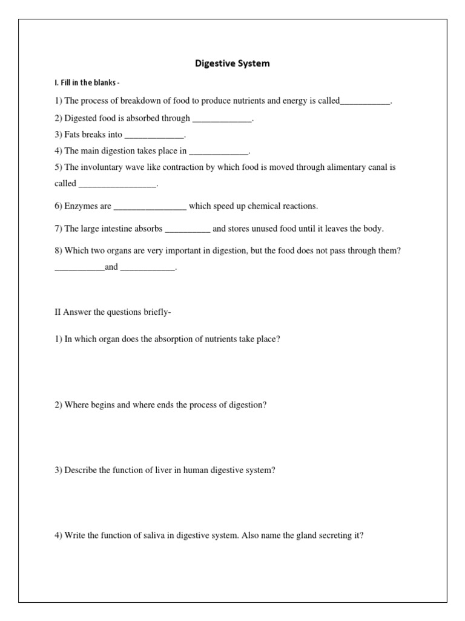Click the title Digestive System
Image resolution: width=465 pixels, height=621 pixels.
click(232, 63)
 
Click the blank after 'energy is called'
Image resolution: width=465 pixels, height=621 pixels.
click(365, 102)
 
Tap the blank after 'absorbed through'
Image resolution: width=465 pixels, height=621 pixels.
click(221, 119)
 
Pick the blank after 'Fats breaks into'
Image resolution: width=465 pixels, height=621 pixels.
click(154, 135)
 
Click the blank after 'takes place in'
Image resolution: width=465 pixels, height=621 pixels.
click(219, 152)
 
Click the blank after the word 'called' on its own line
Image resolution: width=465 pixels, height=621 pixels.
click(117, 184)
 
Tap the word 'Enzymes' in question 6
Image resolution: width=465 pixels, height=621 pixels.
click(82, 206)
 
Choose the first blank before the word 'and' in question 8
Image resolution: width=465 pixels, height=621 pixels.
click(79, 267)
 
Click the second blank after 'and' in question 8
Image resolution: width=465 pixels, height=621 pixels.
click(148, 267)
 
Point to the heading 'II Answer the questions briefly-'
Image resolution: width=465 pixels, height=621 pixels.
click(113, 312)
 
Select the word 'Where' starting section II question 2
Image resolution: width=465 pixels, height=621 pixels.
click(76, 404)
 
